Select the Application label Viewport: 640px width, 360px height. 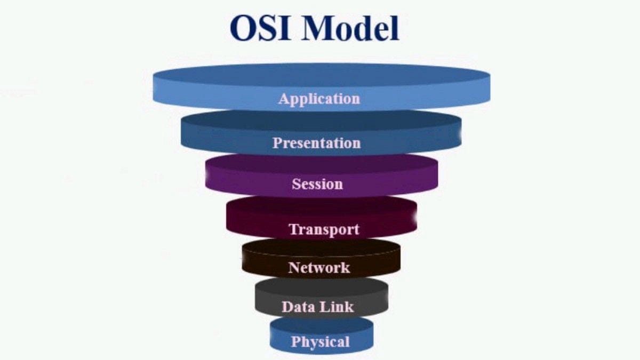click(319, 99)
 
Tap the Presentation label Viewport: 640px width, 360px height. click(317, 143)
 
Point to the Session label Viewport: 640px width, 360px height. click(317, 184)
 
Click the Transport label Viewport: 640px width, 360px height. click(324, 230)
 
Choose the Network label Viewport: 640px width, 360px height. click(319, 267)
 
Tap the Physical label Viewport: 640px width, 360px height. click(320, 342)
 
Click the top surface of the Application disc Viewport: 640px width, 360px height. click(321, 75)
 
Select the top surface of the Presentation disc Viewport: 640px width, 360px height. click(321, 121)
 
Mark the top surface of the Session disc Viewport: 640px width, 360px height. click(321, 163)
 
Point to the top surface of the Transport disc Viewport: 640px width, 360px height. click(321, 205)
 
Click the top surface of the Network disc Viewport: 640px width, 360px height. click(321, 246)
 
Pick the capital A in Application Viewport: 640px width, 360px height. click(284, 98)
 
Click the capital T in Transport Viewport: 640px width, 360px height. click(293, 229)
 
